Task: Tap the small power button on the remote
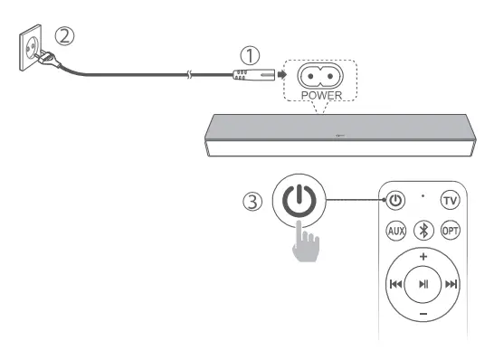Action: coord(396,200)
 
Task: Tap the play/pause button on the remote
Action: coord(423,284)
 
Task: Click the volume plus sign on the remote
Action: coord(423,256)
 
